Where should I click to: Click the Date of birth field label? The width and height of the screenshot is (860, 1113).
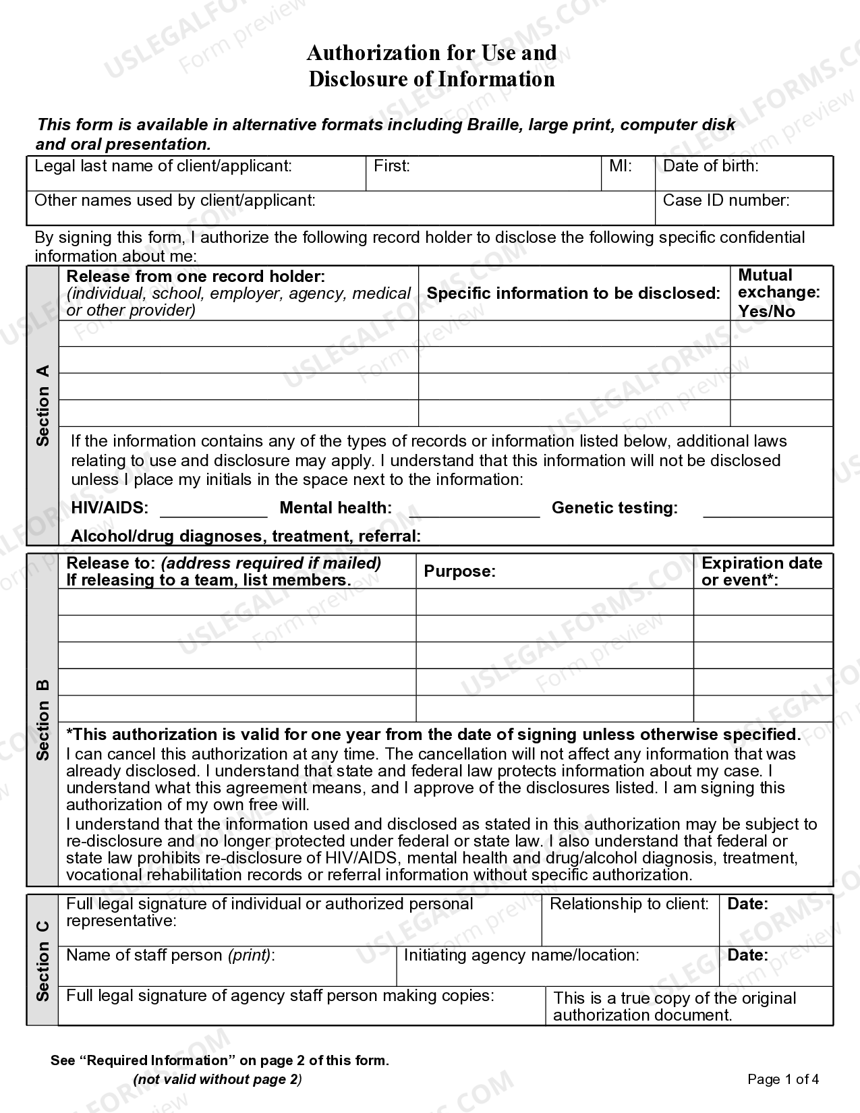711,166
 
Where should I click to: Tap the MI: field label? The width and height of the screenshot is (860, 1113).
620,166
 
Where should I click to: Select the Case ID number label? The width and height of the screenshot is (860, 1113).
726,200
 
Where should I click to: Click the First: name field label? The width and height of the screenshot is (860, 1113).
392,166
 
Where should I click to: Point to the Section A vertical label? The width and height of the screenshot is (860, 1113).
43,405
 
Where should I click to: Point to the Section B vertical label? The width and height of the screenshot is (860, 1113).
43,719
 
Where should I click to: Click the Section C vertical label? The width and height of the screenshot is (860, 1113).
43,960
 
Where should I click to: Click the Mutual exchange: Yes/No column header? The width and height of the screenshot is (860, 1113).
778,293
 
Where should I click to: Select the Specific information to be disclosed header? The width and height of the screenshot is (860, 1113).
573,293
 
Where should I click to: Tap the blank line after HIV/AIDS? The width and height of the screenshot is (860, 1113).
213,511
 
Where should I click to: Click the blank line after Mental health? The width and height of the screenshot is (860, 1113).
474,511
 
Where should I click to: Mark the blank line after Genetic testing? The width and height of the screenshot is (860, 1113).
768,511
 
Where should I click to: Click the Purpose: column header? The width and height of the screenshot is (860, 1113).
459,571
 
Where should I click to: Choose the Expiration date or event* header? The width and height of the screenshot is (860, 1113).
762,571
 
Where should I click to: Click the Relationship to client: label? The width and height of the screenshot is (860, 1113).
629,904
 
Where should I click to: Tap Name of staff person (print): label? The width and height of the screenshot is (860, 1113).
170,955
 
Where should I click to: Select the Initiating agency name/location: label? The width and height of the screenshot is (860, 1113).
521,955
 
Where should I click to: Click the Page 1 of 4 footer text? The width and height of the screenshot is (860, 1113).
783,1079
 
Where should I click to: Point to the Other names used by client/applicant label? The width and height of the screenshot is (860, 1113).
175,200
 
